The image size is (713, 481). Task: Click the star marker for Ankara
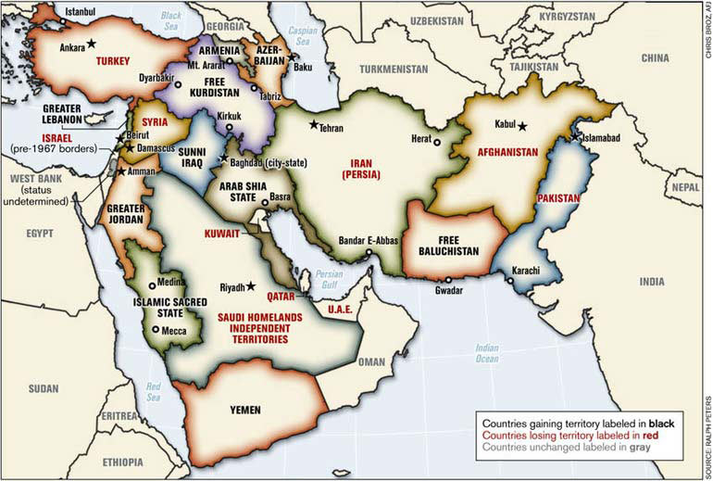click(92, 44)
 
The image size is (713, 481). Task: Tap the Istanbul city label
click(81, 13)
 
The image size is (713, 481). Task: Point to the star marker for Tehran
click(314, 124)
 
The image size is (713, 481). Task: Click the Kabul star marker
click(522, 126)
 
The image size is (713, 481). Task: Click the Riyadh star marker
click(250, 286)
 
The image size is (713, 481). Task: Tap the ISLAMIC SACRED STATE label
click(169, 308)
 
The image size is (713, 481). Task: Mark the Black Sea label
click(172, 20)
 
